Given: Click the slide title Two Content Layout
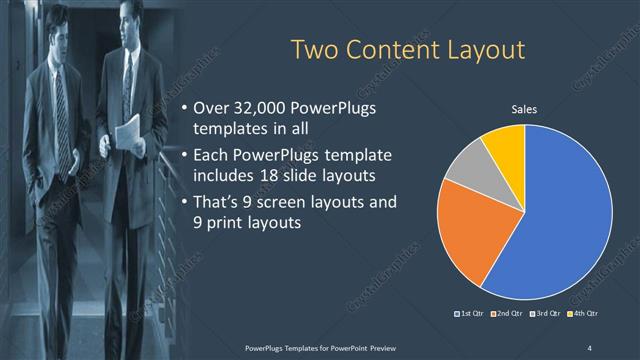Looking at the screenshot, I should coord(407,49).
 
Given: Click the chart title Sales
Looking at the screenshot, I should coord(525,109).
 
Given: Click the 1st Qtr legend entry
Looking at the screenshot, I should coord(472,314).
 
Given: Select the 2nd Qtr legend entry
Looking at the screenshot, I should coord(510,314).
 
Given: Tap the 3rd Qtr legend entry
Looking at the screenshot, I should coord(548,314).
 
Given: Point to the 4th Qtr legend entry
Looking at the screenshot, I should coord(585,314).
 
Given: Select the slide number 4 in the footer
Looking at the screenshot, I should coord(589,347).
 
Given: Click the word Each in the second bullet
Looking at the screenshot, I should coord(211,155).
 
